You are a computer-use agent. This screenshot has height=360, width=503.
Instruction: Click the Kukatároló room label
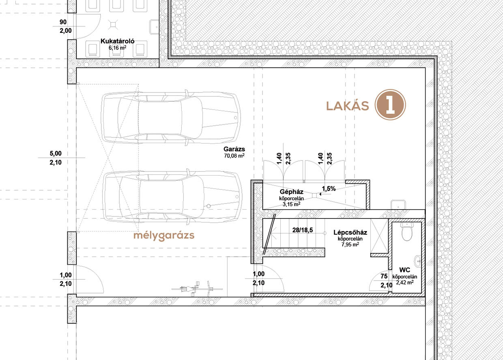(118, 41)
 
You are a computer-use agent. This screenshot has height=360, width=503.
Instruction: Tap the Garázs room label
(234, 149)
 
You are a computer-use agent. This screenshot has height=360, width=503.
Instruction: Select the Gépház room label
(292, 192)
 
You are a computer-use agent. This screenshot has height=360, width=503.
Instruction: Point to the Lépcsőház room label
(350, 232)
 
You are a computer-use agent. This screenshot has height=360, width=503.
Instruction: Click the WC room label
(405, 270)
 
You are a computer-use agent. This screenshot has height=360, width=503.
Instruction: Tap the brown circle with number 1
(390, 105)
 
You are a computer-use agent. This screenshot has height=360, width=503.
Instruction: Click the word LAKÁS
(347, 106)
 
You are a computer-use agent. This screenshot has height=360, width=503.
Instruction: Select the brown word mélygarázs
(164, 236)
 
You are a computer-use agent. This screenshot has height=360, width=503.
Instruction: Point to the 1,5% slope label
(329, 189)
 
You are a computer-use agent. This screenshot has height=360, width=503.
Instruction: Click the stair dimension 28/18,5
(303, 230)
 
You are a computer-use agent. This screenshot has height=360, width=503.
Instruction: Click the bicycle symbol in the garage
(197, 288)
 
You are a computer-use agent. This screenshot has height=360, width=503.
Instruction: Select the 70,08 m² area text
(234, 156)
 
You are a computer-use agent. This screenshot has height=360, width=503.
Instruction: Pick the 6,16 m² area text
(118, 47)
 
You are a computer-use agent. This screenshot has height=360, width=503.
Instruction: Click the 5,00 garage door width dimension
(56, 154)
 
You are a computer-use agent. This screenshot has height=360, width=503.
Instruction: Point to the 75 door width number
(384, 276)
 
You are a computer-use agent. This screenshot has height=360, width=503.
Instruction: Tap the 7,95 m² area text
(350, 244)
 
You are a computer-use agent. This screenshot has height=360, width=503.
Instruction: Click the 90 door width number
(63, 22)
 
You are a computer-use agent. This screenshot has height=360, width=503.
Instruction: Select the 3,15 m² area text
(292, 204)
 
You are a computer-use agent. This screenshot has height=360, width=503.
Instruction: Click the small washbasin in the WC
(418, 261)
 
